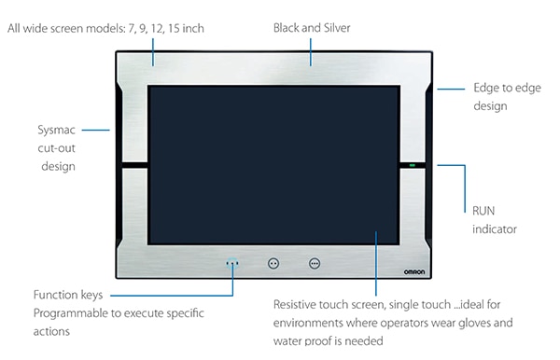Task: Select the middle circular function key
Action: tap(273, 263)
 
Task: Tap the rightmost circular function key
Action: tap(315, 263)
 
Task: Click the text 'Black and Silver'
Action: tap(312, 28)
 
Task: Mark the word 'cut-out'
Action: tap(57, 148)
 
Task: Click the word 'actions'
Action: tap(52, 331)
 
